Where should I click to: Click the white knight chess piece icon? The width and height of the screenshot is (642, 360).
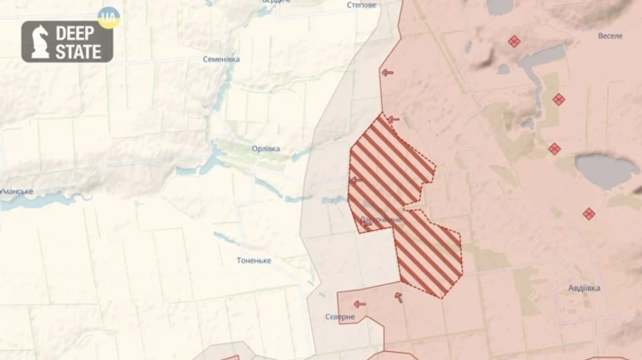tap(39, 42)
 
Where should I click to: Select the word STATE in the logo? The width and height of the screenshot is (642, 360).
tap(78, 52)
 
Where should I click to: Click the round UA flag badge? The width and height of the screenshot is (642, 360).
tap(108, 17)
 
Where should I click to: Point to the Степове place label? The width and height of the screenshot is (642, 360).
tap(361, 5)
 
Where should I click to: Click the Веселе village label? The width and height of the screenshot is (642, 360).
tap(609, 36)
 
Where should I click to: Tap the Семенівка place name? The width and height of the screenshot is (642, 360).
tap(221, 59)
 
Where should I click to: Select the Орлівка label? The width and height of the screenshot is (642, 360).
tap(266, 149)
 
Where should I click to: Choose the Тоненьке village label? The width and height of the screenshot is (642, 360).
tap(253, 261)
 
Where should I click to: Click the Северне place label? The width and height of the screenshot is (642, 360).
tap(340, 317)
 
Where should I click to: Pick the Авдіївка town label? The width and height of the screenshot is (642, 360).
tap(584, 288)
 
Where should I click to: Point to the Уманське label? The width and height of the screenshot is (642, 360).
tap(16, 192)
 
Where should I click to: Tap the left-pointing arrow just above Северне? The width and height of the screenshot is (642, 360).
tap(359, 304)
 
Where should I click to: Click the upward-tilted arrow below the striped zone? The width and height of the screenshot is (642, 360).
tap(399, 297)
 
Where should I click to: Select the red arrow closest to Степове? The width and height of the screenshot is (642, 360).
tap(387, 72)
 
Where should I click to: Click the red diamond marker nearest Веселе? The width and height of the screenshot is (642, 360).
tap(514, 41)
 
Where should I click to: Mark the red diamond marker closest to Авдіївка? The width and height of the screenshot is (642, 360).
tap(589, 214)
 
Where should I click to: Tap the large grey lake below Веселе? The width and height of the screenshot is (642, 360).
tap(606, 170)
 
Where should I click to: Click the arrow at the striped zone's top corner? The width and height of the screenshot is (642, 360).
tap(393, 120)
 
